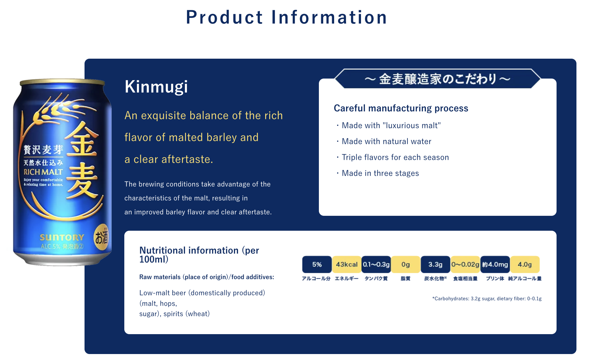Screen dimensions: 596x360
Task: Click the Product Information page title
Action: click(286, 17)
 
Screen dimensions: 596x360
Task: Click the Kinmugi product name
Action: click(156, 87)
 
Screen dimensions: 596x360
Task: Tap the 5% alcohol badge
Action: click(317, 265)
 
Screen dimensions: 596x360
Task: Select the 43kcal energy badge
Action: click(347, 265)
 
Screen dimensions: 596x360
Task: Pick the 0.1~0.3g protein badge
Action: click(376, 265)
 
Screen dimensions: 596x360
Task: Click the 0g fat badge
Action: click(406, 265)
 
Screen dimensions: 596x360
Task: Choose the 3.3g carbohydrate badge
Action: click(436, 265)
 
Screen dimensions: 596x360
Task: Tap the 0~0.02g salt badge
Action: click(465, 265)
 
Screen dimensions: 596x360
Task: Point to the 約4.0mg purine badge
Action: click(495, 265)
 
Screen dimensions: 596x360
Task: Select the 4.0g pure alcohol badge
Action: click(525, 265)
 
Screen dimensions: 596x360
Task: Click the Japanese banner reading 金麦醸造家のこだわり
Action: click(438, 79)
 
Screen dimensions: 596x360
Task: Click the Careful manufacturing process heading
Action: click(401, 108)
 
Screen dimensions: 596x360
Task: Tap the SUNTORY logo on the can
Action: click(62, 238)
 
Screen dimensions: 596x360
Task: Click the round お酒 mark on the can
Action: click(101, 237)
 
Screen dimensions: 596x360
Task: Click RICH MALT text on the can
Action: click(43, 172)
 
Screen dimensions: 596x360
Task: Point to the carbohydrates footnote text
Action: click(487, 299)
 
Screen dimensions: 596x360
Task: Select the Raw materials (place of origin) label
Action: click(207, 277)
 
